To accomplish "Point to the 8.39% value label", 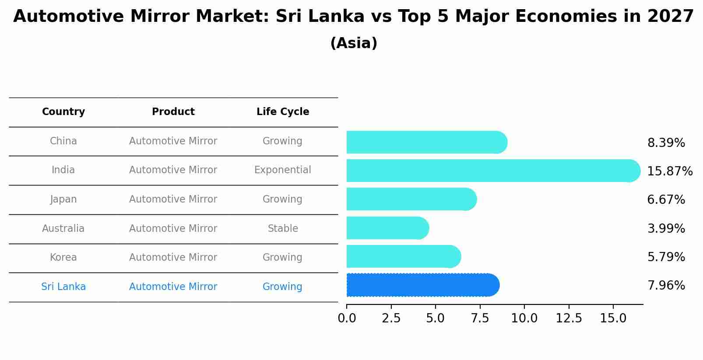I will tap(666, 143).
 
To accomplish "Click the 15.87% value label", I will tap(669, 171).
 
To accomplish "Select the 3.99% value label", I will tap(666, 228).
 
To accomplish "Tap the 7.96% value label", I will tap(666, 286).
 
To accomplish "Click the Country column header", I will tap(63, 112).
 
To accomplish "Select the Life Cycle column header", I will tap(283, 112).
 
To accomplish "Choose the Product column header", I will tap(173, 112).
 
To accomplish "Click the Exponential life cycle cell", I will tap(283, 170).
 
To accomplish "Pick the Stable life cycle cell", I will tap(283, 228).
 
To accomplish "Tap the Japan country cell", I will tap(63, 199).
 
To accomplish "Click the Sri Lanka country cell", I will tap(63, 287).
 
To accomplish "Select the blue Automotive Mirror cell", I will tap(173, 287).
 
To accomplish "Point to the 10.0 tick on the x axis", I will tap(524, 318).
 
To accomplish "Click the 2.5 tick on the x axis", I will tap(391, 318).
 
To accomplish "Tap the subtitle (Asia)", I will tap(354, 43).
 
